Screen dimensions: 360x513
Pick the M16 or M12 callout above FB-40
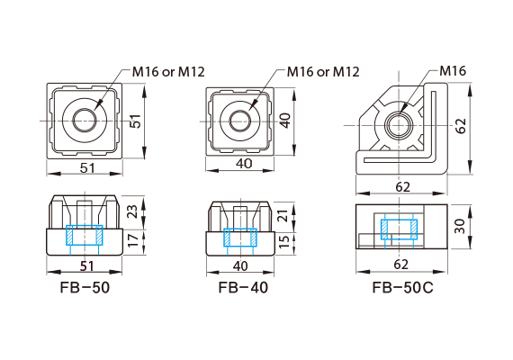[323, 71]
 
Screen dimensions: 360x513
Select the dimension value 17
[135, 241]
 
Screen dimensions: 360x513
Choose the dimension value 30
[462, 227]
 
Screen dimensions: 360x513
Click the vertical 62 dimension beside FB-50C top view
[462, 127]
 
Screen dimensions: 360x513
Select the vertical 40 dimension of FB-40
[284, 121]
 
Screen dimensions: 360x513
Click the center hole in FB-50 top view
[86, 120]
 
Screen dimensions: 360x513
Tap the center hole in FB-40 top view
[240, 120]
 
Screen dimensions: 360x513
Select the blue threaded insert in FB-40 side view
[240, 238]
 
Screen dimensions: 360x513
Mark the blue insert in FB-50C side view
[397, 229]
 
